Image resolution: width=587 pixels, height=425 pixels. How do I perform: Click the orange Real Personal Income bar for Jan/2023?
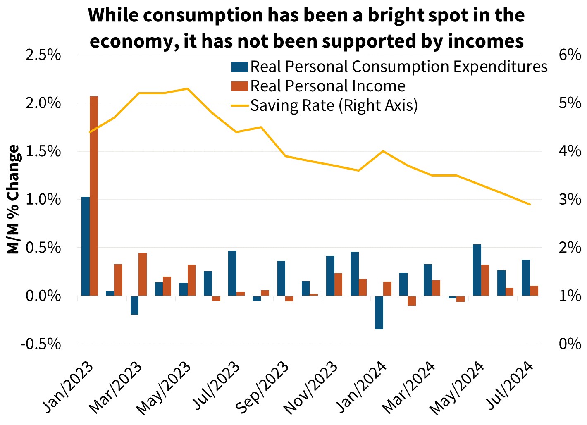[x=94, y=196]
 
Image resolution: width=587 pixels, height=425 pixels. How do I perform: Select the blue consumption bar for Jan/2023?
[x=86, y=246]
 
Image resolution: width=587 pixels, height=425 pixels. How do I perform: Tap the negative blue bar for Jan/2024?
[x=379, y=313]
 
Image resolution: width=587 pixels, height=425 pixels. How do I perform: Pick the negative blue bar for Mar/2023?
[x=134, y=305]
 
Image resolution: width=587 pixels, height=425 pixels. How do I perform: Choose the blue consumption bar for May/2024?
[x=477, y=270]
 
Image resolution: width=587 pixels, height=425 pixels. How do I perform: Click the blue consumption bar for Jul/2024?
[x=526, y=277]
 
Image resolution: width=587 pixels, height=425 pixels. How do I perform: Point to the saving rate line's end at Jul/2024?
[x=530, y=205]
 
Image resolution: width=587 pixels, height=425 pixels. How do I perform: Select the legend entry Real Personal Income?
[x=328, y=86]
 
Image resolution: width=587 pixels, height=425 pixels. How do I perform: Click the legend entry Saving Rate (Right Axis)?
[x=334, y=105]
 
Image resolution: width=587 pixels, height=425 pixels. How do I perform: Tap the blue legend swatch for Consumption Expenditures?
[x=239, y=67]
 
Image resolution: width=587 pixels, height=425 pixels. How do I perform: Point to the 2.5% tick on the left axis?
[x=43, y=55]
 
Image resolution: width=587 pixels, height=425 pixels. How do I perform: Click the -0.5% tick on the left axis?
[x=43, y=344]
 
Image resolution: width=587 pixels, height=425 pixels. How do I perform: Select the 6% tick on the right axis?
[x=570, y=55]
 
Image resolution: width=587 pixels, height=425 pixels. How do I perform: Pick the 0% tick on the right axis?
[x=570, y=344]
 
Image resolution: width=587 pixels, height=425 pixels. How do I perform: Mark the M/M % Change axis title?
[x=14, y=199]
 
